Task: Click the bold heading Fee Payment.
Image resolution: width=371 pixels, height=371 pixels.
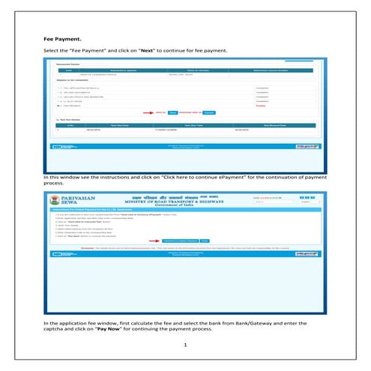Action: coord(61,37)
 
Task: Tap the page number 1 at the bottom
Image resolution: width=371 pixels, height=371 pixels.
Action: coord(185,346)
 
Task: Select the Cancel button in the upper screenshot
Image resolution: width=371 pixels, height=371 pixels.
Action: coord(209,111)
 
